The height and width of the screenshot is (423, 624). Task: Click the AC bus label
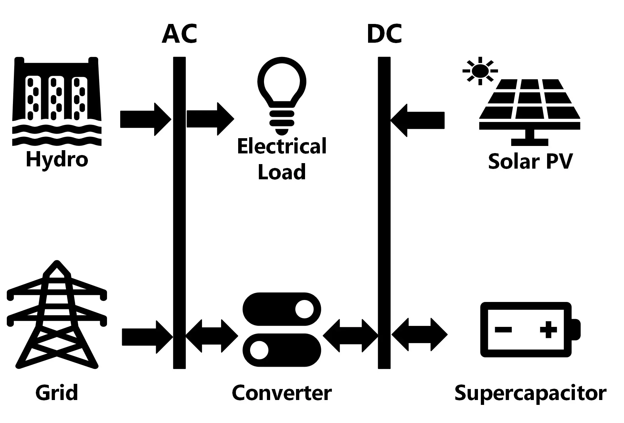(179, 34)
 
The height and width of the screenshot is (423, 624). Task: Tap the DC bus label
(385, 34)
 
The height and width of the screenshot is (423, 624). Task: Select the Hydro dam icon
(57, 102)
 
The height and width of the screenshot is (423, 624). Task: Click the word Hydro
(57, 159)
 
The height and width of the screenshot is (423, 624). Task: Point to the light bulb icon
(282, 96)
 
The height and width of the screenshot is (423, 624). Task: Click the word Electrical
(282, 146)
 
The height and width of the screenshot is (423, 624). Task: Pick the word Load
(282, 172)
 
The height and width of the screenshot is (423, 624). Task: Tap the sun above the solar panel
(480, 71)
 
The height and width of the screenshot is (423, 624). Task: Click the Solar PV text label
(530, 161)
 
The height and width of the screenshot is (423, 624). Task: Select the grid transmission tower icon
(57, 315)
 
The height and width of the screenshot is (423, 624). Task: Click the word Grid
(57, 393)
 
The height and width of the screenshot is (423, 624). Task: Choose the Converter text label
(282, 393)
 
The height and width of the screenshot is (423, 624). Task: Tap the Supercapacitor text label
(530, 394)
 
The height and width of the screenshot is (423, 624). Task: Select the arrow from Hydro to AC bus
(146, 119)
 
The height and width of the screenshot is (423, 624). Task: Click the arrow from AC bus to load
(210, 119)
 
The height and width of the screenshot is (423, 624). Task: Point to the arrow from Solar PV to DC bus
(418, 120)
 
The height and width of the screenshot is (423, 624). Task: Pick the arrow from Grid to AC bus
(147, 337)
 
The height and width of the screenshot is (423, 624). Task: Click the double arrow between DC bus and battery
(419, 334)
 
